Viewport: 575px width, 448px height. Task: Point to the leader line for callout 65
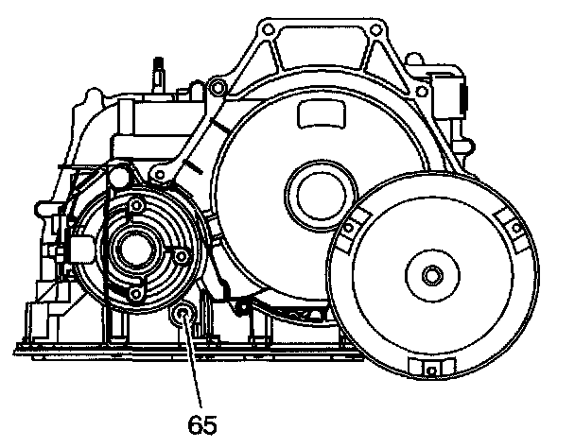coord(195,364)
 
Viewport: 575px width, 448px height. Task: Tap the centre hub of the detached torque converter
coord(432,276)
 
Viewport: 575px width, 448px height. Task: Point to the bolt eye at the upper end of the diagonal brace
coord(218,90)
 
